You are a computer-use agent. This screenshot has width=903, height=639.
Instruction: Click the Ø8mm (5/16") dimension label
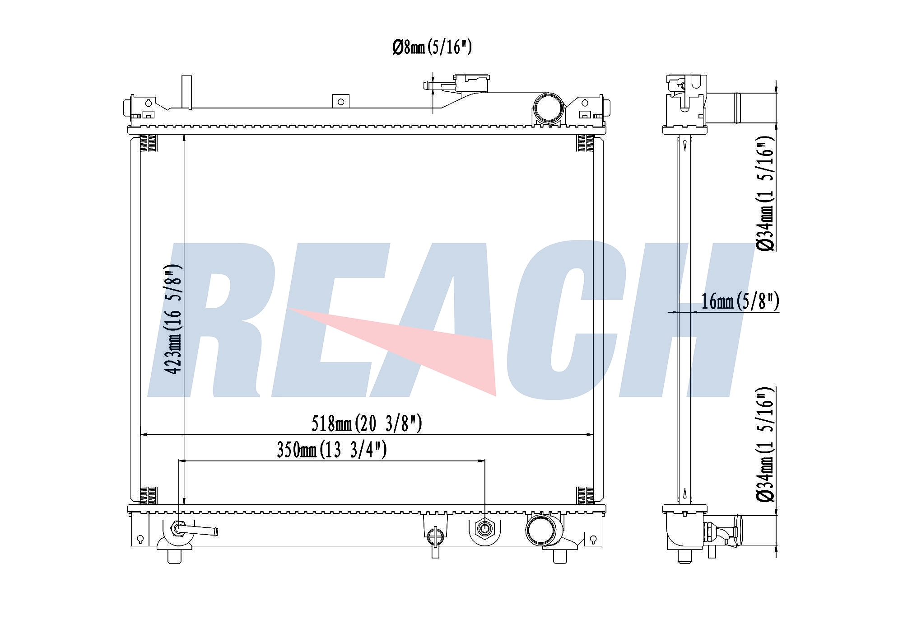pos(432,47)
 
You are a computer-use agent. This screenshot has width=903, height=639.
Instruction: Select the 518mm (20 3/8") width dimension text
pos(367,423)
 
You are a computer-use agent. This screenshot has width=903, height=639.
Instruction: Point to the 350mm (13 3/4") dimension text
pos(332,450)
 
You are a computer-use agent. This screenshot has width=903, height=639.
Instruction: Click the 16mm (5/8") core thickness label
pos(740,301)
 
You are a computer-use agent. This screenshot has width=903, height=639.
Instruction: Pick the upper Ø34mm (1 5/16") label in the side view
pos(766,193)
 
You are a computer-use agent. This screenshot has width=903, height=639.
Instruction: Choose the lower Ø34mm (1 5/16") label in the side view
pos(766,444)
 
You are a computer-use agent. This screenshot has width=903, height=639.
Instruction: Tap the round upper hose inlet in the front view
pos(549,108)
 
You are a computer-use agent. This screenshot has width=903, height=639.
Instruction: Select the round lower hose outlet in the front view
pos(544,531)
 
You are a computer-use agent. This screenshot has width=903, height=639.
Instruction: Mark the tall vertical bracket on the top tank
pos(186,92)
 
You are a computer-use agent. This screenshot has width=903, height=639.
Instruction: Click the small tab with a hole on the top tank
pos(341,101)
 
